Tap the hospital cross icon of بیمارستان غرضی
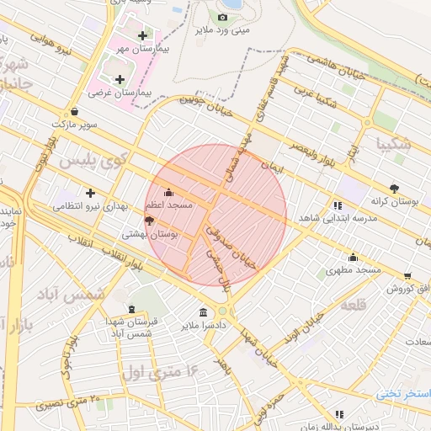120,78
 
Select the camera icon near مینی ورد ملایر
222,17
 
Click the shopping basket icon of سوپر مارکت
75,110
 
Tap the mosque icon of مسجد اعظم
168,191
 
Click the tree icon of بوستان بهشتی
150,221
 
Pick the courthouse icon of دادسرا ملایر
203,311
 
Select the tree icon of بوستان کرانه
394,189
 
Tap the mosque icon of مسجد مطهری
352,258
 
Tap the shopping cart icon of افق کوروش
408,275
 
